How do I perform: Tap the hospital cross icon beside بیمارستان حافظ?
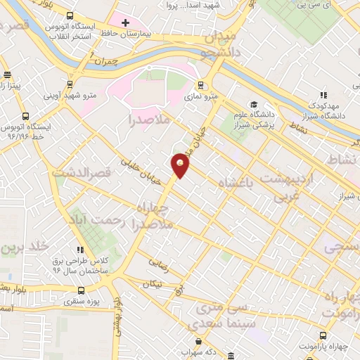tap(125, 23)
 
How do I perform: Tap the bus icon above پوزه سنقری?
tap(82, 290)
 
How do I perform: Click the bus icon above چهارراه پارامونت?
tap(323, 335)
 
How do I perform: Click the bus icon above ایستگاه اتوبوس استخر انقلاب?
tap(69, 15)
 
